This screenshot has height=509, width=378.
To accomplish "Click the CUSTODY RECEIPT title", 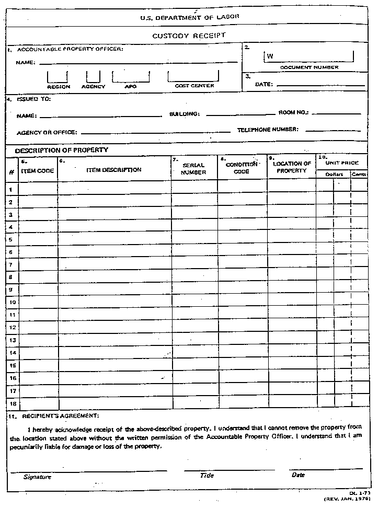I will click(x=189, y=36).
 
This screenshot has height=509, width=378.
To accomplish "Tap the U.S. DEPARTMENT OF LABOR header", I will click(x=189, y=17).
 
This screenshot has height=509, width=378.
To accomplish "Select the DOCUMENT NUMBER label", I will click(x=309, y=67).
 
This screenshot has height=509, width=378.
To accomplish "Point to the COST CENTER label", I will click(x=194, y=86).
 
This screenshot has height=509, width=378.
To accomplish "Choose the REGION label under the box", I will click(x=59, y=87).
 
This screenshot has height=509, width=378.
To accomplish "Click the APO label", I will click(x=130, y=87).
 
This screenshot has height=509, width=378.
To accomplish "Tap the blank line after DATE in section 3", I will click(x=320, y=85).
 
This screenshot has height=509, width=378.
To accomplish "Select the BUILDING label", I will click(x=185, y=114).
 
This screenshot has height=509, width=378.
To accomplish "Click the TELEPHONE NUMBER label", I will click(x=268, y=130).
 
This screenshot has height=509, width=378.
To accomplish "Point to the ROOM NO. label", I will click(x=293, y=112).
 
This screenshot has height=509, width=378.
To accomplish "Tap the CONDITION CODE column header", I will click(x=241, y=168).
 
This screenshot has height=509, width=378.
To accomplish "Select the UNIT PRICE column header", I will click(x=342, y=163).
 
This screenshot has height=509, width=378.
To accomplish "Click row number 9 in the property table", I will click(x=11, y=289).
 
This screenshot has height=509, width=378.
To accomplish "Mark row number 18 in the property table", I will click(x=12, y=403).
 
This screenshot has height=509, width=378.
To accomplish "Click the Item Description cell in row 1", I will click(x=114, y=188).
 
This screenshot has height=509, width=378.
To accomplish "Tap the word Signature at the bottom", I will click(x=37, y=477).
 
